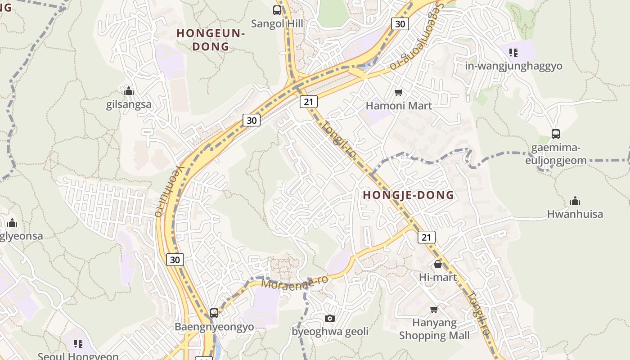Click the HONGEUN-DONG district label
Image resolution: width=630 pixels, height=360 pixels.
tap(211, 40)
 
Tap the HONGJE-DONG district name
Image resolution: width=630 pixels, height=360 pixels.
tap(408, 195)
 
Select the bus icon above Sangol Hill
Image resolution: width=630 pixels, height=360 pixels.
tap(277, 10)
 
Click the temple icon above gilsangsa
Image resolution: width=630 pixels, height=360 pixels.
tap(129, 91)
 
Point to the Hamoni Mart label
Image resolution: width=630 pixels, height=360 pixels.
tap(399, 106)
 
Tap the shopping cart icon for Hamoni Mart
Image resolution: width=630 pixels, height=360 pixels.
tap(398, 93)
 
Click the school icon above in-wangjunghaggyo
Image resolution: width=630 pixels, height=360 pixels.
tap(513, 52)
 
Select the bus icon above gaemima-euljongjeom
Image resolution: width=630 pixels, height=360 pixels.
tap(556, 134)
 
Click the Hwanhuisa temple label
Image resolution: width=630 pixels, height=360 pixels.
tap(575, 214)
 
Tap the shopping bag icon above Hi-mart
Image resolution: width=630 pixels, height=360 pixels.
tap(437, 264)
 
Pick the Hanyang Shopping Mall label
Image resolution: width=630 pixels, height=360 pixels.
tap(434, 329)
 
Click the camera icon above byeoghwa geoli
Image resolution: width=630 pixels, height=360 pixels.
tap(329, 319)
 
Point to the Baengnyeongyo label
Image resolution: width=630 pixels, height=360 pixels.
tap(214, 327)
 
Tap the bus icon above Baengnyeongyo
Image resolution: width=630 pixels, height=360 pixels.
tap(214, 313)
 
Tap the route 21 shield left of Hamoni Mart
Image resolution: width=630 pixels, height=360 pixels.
tap(308, 102)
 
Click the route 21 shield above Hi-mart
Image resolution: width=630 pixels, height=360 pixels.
tap(426, 237)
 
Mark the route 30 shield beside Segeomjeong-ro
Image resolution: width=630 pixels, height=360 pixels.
tap(400, 24)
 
